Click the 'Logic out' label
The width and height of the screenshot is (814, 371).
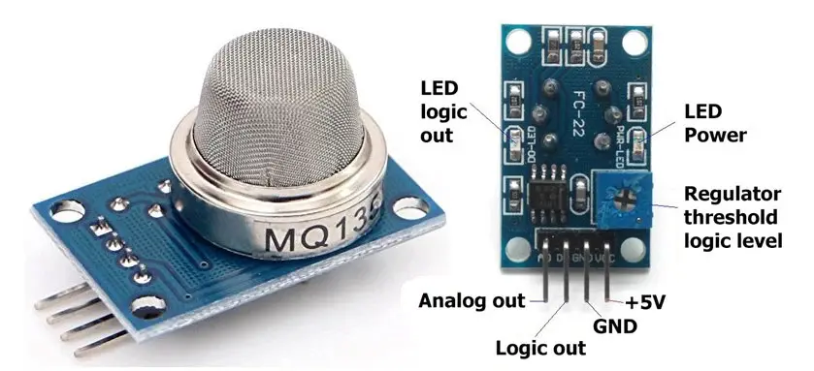(x=539, y=347)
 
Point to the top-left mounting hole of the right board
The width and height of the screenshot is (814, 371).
(x=512, y=40)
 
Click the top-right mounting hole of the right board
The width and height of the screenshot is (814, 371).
(x=636, y=42)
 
